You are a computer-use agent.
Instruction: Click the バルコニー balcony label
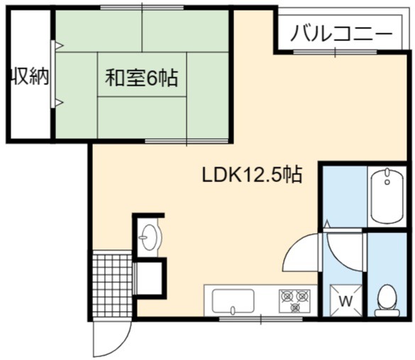coord(341,33)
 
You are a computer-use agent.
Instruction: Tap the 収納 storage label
coord(30,77)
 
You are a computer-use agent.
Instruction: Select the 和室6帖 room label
coord(142,77)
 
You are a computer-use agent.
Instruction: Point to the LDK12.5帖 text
coord(252,174)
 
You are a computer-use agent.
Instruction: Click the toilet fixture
coord(387,300)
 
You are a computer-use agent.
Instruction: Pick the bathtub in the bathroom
coord(387,196)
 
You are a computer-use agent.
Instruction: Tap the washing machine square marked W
coord(345,300)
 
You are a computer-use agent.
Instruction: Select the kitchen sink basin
coord(233,302)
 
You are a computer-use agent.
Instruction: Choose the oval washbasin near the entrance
coord(149,237)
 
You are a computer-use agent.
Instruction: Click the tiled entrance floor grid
coord(113,285)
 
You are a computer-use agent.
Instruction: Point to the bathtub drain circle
coord(387,182)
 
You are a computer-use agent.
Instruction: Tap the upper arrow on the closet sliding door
coord(60,46)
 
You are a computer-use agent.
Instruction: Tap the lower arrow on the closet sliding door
coord(60,102)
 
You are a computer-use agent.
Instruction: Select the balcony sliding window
coord(336,52)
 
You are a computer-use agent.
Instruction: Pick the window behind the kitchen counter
coord(260,319)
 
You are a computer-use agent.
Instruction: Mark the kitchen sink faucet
coord(233,310)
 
